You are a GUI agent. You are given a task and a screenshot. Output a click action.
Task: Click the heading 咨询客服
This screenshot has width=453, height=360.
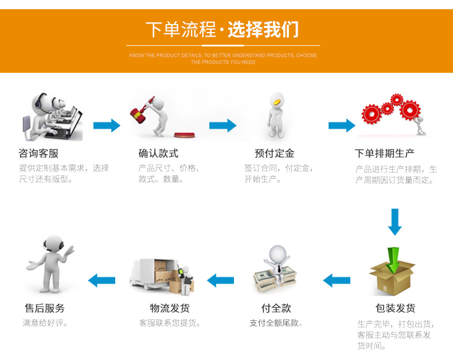pos(38,154)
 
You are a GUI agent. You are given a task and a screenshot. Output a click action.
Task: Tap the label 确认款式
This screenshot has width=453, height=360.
pos(158,154)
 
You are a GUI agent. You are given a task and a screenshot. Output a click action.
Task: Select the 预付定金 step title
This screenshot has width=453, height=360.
pos(274,154)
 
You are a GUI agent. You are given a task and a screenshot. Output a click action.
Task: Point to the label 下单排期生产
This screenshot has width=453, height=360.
pos(385,154)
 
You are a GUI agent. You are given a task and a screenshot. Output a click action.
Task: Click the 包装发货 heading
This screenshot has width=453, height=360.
pos(396,308)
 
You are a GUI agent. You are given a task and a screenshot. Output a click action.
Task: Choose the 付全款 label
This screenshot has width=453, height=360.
pos(276,308)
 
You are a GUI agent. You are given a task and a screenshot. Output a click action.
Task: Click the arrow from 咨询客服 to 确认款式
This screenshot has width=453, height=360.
pos(107,125)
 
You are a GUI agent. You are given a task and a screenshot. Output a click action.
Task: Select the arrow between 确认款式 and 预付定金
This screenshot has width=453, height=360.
pos(223,125)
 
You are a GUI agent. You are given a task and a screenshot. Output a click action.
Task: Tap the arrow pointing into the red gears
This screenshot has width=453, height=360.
pos(342,125)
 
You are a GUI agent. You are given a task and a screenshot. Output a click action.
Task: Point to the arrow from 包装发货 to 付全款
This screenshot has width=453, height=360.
pos(337,280)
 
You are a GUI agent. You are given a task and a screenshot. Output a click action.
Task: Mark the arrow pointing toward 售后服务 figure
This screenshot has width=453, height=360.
pos(101,280)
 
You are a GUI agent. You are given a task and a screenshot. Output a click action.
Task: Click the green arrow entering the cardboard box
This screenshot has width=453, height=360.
pos(393,260)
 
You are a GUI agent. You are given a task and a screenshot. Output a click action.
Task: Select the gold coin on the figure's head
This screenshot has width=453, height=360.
pos(276,102)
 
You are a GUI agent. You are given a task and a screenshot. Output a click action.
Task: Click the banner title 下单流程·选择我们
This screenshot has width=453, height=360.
pos(222,29)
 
